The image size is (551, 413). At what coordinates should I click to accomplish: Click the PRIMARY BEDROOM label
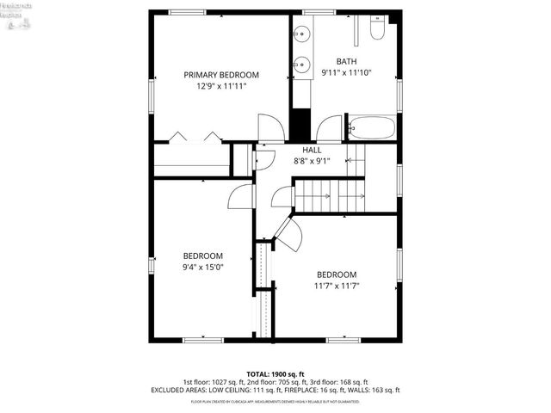tap(221, 75)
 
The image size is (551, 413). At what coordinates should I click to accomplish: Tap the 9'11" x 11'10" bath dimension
tap(346, 73)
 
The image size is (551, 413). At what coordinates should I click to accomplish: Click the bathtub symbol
tap(370, 129)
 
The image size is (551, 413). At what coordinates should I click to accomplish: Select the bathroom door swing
tap(329, 129)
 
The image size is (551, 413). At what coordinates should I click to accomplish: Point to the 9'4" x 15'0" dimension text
tap(203, 268)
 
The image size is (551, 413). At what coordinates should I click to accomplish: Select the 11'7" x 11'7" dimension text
tap(336, 286)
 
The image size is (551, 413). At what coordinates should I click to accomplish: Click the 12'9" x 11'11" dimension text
tap(221, 86)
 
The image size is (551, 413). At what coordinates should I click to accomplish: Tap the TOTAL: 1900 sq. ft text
tap(275, 373)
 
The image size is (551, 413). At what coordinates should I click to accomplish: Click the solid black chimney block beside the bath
tap(300, 126)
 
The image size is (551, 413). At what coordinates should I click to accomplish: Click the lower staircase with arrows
tap(332, 197)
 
